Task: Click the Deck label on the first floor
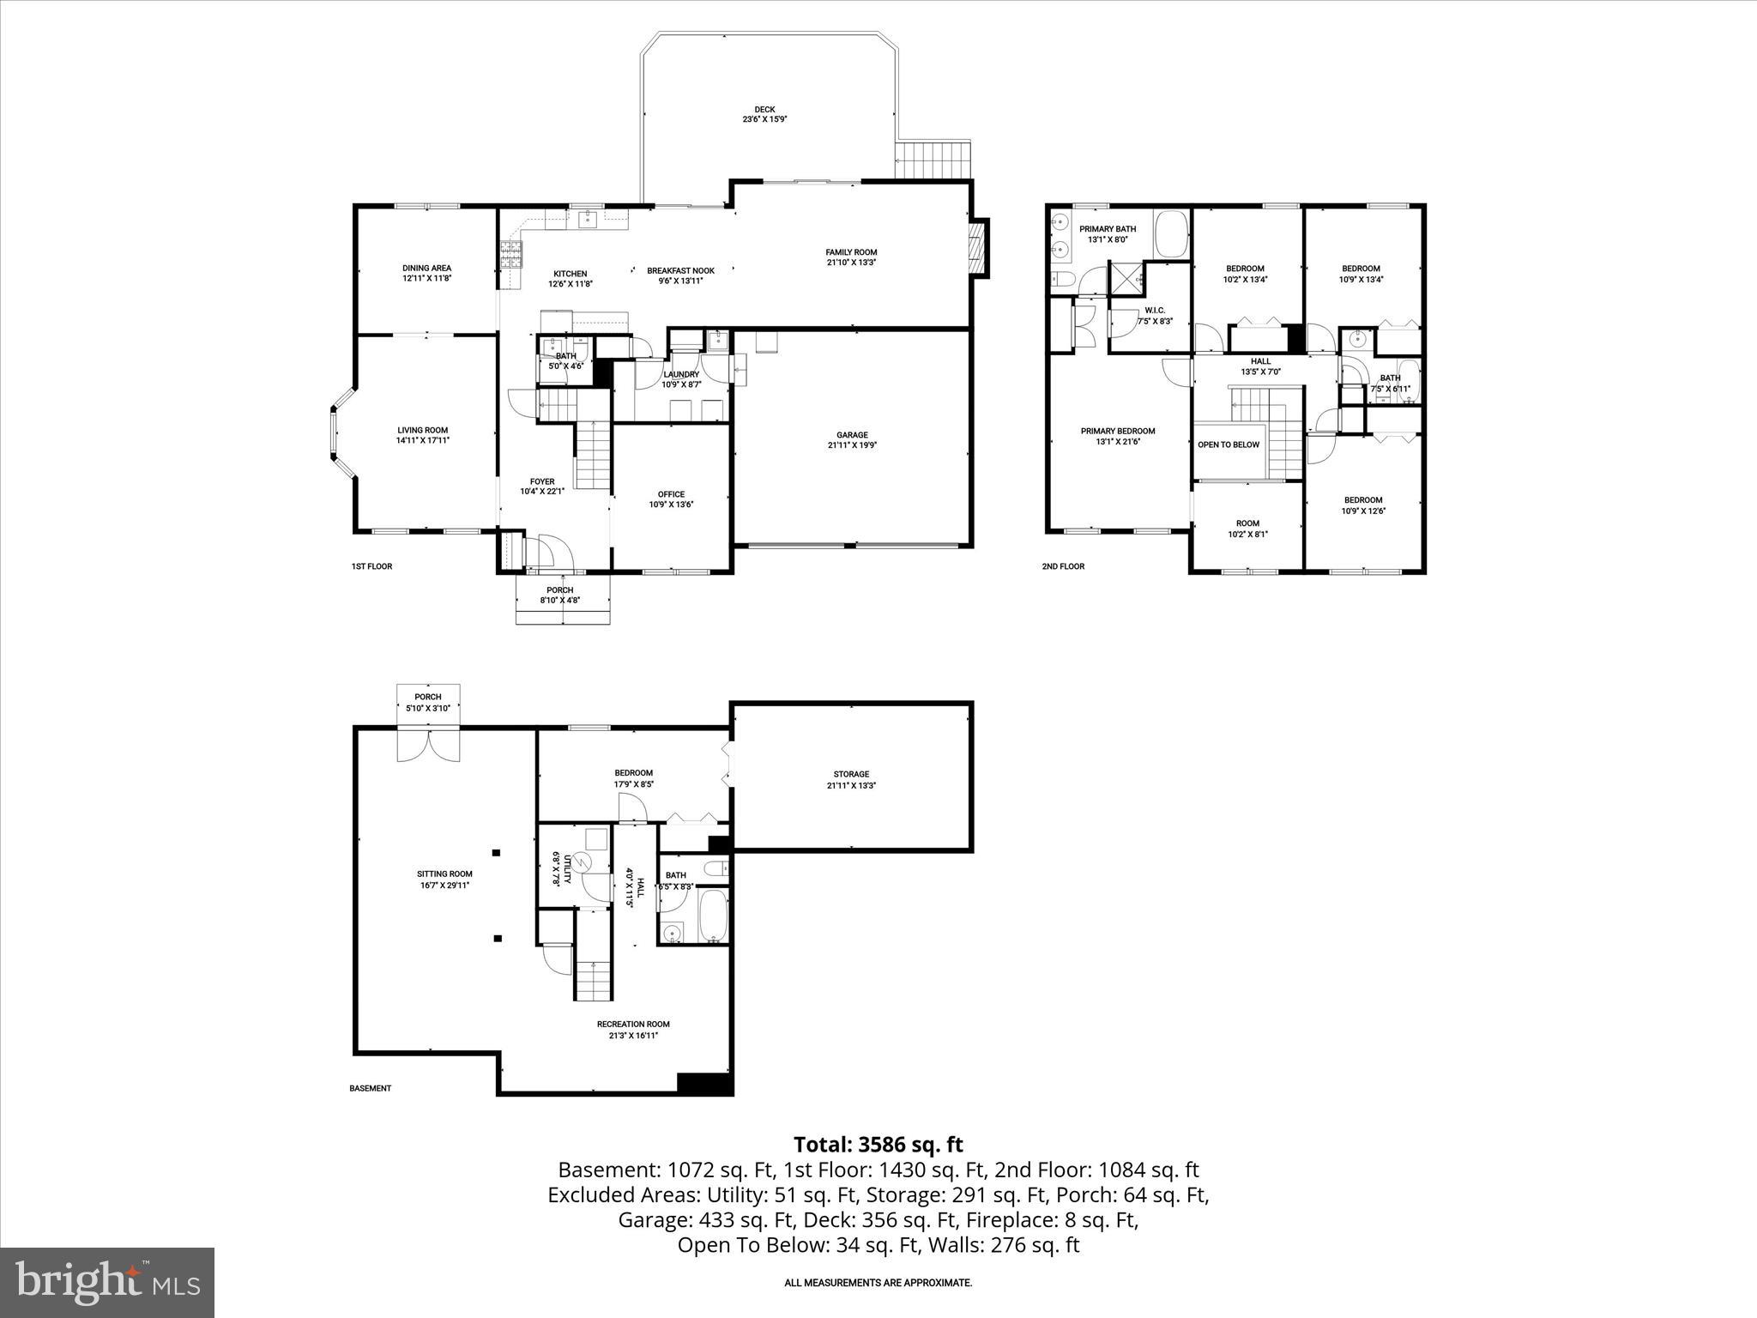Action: pyautogui.click(x=764, y=110)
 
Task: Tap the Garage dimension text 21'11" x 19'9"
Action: pyautogui.click(x=852, y=445)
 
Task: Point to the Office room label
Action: pyautogui.click(x=671, y=494)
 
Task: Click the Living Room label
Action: pyautogui.click(x=422, y=431)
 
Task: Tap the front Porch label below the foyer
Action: pyautogui.click(x=560, y=590)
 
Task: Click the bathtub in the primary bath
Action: pyautogui.click(x=1169, y=234)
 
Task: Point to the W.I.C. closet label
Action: pyautogui.click(x=1154, y=311)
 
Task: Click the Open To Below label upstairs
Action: pyautogui.click(x=1229, y=444)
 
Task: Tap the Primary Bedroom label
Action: pyautogui.click(x=1117, y=432)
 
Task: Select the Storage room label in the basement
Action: pyautogui.click(x=851, y=774)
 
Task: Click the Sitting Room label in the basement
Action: pyautogui.click(x=444, y=874)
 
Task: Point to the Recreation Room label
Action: pyautogui.click(x=633, y=1024)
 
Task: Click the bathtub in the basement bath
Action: pyautogui.click(x=714, y=916)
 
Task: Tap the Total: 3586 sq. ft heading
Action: pyautogui.click(x=878, y=1145)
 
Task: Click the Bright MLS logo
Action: pyautogui.click(x=107, y=1283)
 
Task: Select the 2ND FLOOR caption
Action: pyautogui.click(x=1063, y=566)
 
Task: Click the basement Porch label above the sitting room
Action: pyautogui.click(x=427, y=697)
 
